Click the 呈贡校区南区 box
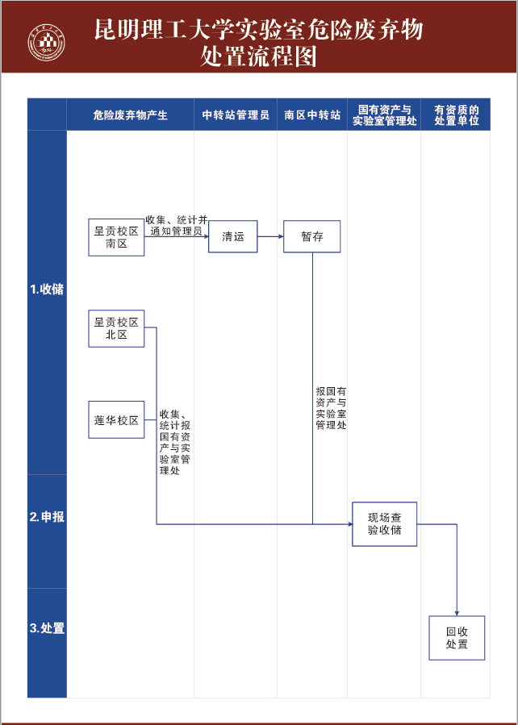click(116, 237)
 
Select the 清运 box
click(232, 237)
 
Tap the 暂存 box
click(311, 236)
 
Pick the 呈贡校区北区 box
click(116, 328)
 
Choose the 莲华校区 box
click(116, 420)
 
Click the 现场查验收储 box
click(384, 524)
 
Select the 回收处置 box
click(457, 638)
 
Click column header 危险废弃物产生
click(130, 115)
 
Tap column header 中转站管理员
click(236, 115)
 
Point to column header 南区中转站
click(312, 115)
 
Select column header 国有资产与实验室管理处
click(384, 115)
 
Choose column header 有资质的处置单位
click(457, 115)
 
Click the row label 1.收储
click(47, 290)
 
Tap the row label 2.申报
click(47, 517)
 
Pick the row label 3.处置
click(47, 628)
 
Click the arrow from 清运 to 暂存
click(270, 237)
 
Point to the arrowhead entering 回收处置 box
click(457, 614)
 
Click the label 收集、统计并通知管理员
click(177, 225)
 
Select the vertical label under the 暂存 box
click(331, 407)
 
